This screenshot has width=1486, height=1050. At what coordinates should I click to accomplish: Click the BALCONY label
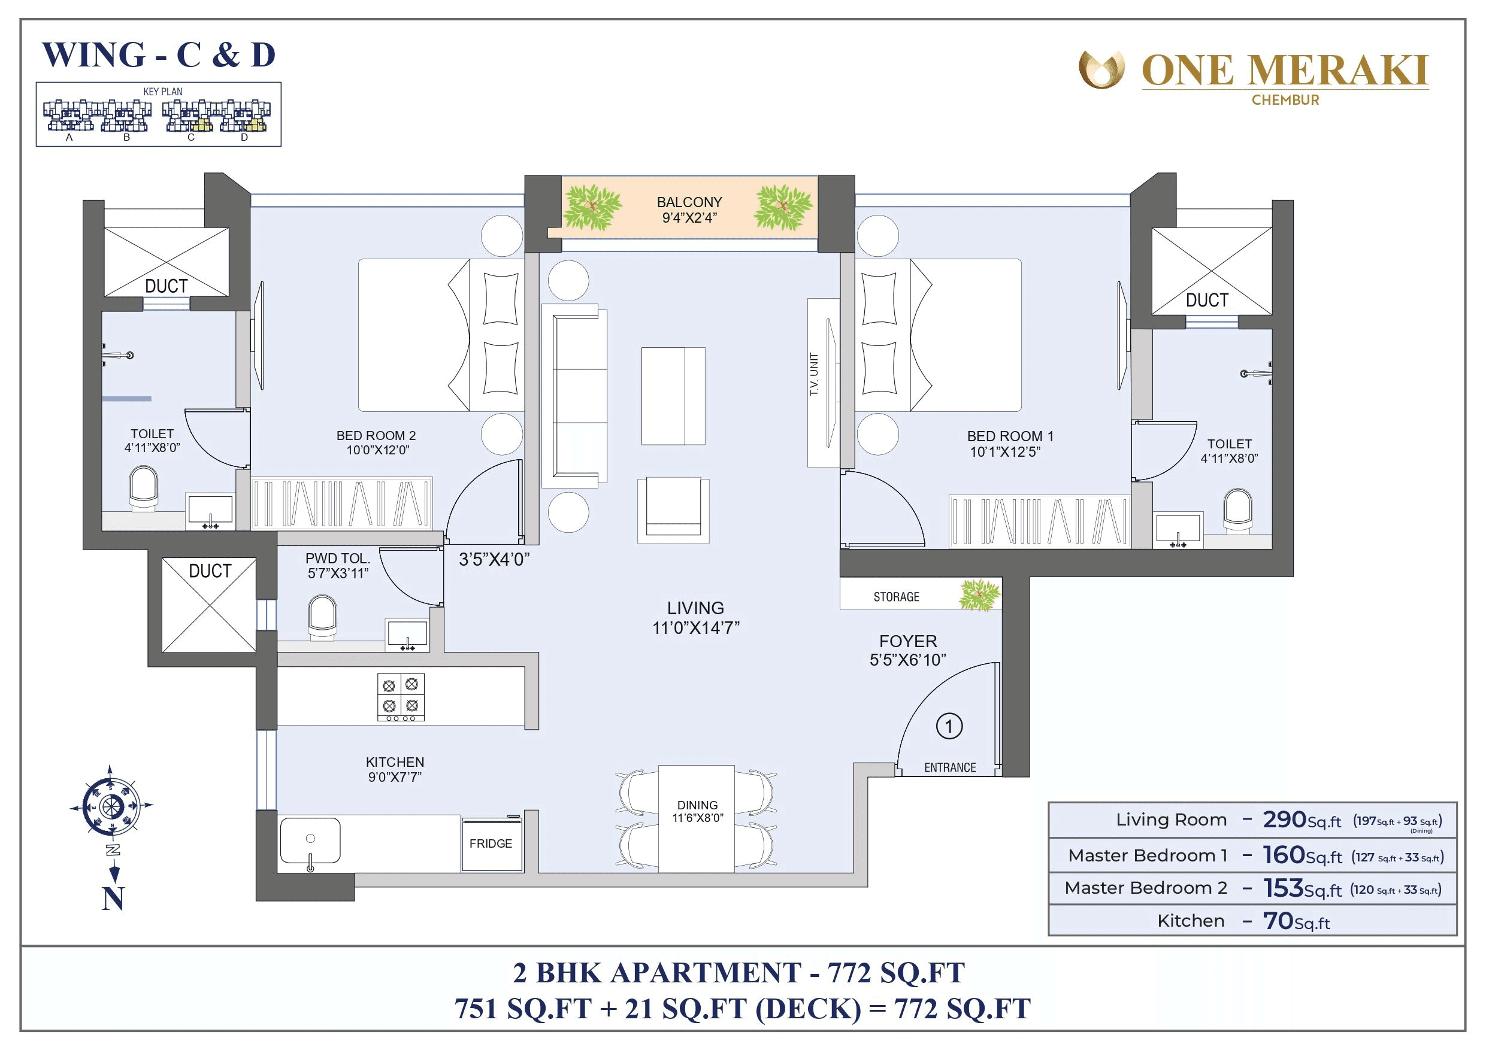(x=689, y=202)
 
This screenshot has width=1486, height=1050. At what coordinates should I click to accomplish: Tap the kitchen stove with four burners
(x=401, y=697)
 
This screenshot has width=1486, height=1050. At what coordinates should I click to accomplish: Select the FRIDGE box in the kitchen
(x=491, y=843)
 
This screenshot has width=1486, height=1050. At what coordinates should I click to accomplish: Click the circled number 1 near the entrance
(x=949, y=726)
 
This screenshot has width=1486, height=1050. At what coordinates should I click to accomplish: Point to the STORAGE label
(x=896, y=596)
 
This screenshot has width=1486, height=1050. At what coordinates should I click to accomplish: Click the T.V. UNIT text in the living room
(x=814, y=375)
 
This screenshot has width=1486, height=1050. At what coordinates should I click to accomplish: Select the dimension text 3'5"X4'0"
(x=494, y=560)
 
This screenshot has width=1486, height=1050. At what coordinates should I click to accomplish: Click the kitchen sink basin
(x=310, y=840)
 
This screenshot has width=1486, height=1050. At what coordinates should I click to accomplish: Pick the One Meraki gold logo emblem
(x=1101, y=70)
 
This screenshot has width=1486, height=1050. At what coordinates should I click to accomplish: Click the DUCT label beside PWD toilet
(x=210, y=570)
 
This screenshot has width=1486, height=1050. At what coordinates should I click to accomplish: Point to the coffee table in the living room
(x=673, y=396)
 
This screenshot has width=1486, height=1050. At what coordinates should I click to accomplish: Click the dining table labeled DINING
(x=697, y=818)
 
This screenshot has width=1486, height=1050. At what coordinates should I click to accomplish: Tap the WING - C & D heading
(x=159, y=55)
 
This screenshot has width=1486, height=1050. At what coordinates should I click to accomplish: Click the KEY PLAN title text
(x=163, y=92)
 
